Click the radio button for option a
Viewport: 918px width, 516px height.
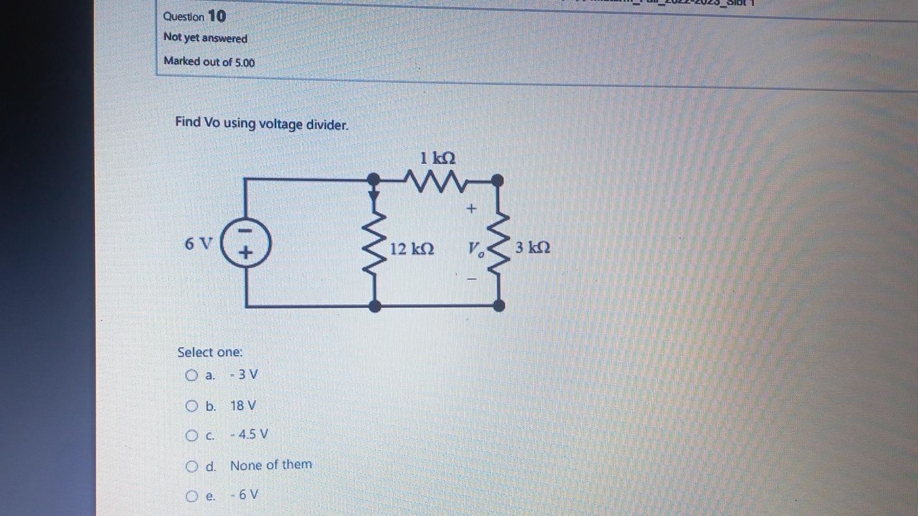(192, 376)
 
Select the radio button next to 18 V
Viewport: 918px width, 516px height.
(192, 406)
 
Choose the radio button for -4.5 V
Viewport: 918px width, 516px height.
(192, 435)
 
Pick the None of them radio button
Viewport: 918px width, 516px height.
(192, 466)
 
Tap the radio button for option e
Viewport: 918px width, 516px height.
(192, 496)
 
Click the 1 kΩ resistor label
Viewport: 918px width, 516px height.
(438, 157)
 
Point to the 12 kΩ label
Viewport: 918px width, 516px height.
(411, 249)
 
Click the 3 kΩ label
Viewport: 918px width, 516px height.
(532, 247)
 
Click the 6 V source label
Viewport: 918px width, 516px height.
(198, 243)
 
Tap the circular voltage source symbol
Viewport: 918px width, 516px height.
(246, 243)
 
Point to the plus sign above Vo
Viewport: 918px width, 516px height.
(471, 208)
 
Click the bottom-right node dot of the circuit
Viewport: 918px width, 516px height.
(498, 305)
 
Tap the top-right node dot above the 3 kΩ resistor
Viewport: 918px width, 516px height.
(497, 181)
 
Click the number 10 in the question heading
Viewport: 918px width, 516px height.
(216, 16)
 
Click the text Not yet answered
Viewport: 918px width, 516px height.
(205, 38)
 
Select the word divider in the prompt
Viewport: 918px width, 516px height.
(327, 124)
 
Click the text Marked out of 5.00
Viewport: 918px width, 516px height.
(209, 62)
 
